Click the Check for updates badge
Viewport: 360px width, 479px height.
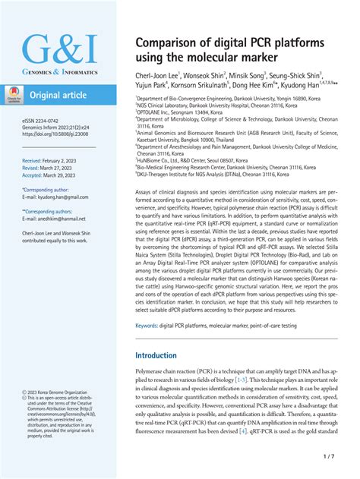click(x=14, y=95)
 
